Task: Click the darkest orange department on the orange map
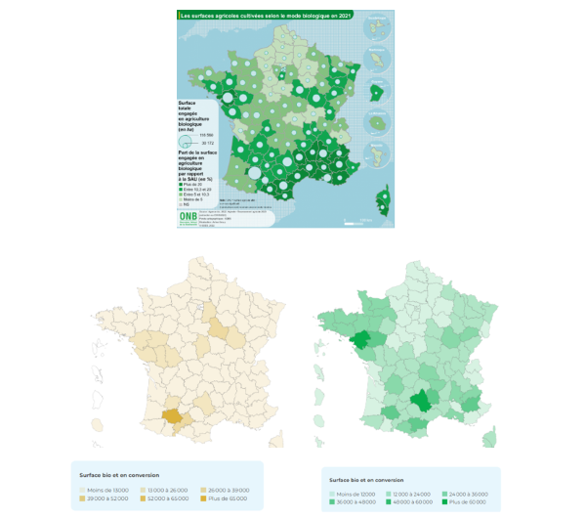pos(172,414)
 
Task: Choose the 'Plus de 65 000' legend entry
pos(224,498)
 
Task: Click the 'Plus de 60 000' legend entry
pos(463,502)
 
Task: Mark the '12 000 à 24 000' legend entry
pos(406,493)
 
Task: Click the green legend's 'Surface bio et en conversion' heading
pos(367,480)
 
